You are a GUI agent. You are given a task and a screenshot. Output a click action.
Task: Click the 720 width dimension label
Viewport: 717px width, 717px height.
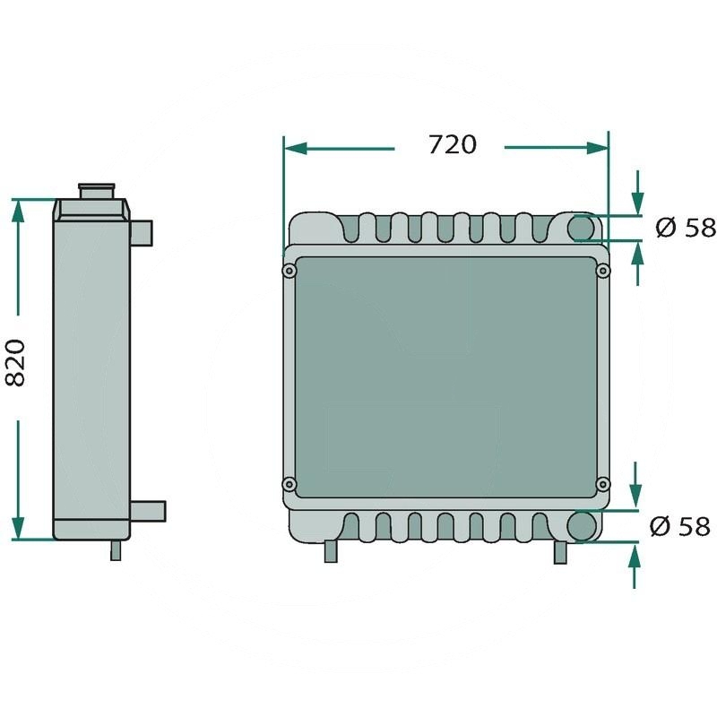[453, 144]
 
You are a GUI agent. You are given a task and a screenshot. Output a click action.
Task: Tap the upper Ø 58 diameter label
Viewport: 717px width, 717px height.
[686, 228]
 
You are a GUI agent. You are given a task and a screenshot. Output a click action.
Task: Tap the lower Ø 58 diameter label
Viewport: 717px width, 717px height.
[680, 526]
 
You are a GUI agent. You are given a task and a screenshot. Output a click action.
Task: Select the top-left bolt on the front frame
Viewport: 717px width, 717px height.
[289, 272]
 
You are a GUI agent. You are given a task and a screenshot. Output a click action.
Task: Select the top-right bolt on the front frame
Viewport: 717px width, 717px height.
[603, 272]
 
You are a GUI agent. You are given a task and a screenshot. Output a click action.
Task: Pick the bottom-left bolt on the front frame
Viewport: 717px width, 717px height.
[289, 484]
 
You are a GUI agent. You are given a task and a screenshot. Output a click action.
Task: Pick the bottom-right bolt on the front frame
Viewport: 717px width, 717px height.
[603, 484]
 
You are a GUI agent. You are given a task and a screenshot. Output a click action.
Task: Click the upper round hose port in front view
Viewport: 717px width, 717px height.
[581, 228]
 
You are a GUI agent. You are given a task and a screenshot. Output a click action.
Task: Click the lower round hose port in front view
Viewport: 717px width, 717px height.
[581, 525]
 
